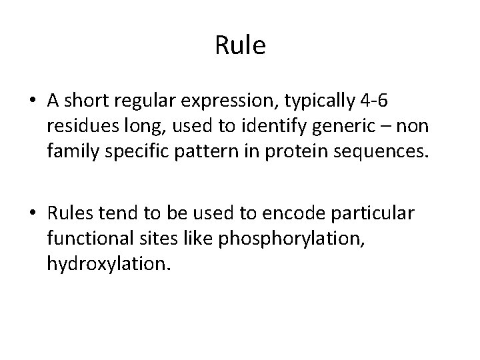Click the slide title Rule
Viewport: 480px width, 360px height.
240,46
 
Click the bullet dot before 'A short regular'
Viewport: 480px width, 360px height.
32,101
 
